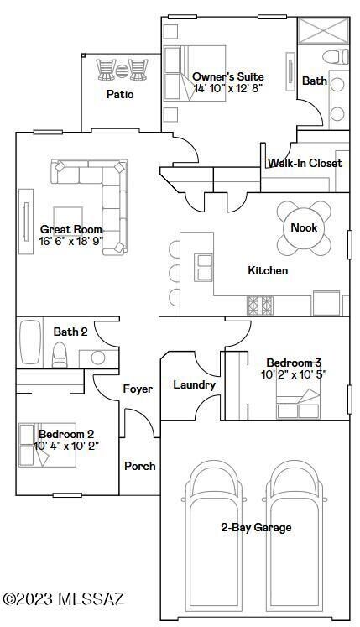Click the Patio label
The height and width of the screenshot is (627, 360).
(x=120, y=94)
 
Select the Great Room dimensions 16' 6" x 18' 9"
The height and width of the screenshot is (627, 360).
(x=70, y=241)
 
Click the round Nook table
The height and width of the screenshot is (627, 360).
(x=303, y=227)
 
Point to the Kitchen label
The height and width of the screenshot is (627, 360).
(x=268, y=270)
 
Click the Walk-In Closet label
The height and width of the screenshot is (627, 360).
(x=305, y=163)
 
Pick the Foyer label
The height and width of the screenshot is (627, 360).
(x=138, y=389)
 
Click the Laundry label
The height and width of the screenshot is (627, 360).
(x=194, y=384)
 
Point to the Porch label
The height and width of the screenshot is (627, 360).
(x=139, y=466)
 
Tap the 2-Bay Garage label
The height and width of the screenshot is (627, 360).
(x=256, y=527)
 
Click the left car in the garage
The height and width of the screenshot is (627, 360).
(x=212, y=537)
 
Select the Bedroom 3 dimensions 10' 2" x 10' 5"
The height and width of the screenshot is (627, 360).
(x=294, y=374)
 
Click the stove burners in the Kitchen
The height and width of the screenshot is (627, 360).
(x=259, y=304)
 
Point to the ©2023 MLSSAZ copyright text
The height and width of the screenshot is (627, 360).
(x=63, y=598)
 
